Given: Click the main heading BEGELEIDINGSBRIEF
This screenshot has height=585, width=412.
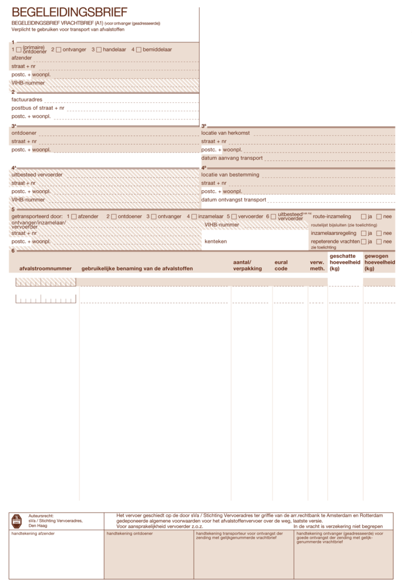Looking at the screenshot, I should [x=69, y=13].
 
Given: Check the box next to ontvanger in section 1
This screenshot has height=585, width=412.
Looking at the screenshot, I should [x=59, y=50].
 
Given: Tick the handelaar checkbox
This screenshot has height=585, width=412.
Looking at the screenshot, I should [x=99, y=50].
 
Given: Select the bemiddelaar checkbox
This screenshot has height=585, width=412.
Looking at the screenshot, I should [x=139, y=50].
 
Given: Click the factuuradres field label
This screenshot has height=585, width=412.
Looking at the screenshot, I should [x=27, y=99].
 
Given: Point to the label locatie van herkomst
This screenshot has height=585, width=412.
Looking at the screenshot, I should [x=226, y=133].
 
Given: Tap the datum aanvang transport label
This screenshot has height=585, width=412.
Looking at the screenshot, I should [x=231, y=158].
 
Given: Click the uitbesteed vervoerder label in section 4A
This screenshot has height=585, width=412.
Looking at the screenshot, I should [x=37, y=174].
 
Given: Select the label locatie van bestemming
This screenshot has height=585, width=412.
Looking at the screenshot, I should [x=230, y=174].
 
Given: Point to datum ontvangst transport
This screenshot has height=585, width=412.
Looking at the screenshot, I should [x=234, y=200].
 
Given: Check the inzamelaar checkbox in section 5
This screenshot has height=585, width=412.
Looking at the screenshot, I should [x=194, y=217].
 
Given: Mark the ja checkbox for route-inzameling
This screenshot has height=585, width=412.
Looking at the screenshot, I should [x=363, y=217].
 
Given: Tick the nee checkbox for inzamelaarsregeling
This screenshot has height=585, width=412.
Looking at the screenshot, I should [x=379, y=233].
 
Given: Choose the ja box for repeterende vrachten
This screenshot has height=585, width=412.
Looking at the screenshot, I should [x=363, y=242].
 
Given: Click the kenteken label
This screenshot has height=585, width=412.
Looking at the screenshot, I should [x=215, y=242].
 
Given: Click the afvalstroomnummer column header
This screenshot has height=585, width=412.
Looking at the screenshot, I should [x=45, y=268].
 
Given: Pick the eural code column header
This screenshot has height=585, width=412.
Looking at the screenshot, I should [x=281, y=265].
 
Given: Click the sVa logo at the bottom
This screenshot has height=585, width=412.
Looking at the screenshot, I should [x=17, y=520].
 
